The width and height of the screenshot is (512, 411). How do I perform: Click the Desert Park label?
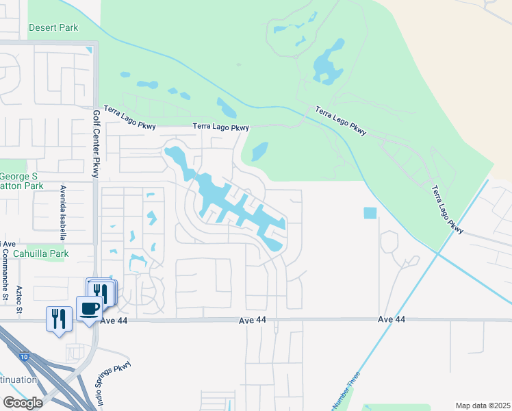[x=53, y=28]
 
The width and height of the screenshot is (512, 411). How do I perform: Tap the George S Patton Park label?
[x=21, y=180]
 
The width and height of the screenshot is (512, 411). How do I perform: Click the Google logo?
[x=23, y=403]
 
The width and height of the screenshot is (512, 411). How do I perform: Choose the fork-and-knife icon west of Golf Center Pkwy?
[x=59, y=319]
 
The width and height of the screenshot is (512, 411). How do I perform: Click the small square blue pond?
[x=370, y=213]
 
